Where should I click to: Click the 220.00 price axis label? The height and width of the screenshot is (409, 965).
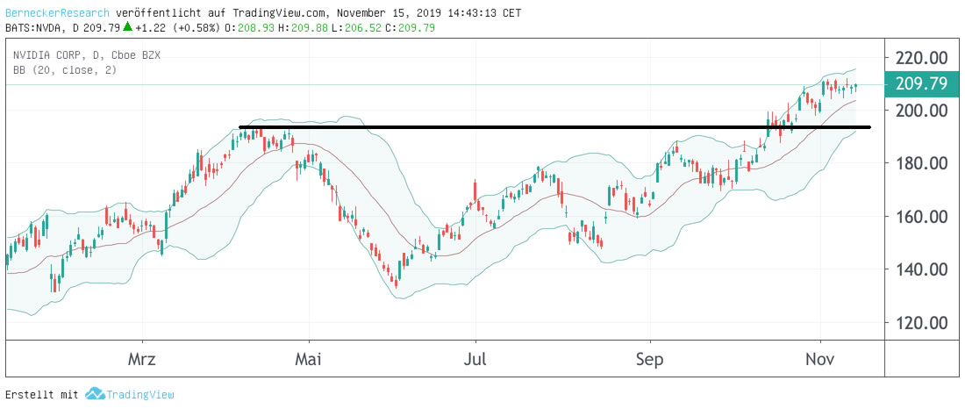(x=922, y=58)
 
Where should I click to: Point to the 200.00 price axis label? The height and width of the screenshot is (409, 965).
(x=922, y=111)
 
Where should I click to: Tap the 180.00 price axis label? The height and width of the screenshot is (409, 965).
(x=922, y=163)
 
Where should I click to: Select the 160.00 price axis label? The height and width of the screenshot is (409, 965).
(x=922, y=217)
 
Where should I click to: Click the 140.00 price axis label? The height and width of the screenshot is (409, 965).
(x=922, y=269)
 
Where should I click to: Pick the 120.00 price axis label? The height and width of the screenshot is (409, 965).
(x=922, y=322)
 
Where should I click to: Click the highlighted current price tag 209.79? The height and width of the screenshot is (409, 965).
(x=922, y=84)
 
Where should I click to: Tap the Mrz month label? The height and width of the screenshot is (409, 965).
(x=142, y=360)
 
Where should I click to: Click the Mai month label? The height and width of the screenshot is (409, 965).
(x=309, y=360)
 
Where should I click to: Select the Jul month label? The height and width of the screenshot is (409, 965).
(x=475, y=360)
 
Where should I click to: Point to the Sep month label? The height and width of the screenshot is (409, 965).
(x=650, y=360)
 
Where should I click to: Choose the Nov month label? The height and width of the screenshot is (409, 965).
(x=819, y=360)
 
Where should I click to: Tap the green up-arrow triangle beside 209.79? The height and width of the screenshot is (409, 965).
(x=127, y=27)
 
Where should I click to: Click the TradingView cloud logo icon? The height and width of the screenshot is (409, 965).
(x=95, y=394)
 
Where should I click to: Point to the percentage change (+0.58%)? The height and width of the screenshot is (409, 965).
(x=197, y=28)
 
